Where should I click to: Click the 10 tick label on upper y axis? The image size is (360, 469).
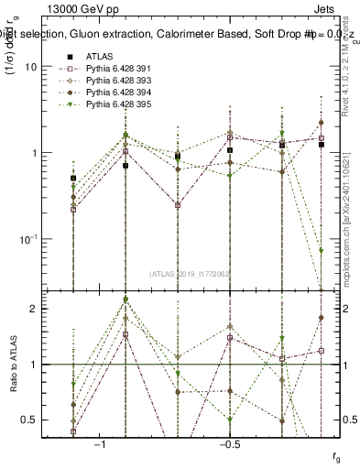coord(30,67)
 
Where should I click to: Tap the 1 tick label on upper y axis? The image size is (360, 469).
coord(33,153)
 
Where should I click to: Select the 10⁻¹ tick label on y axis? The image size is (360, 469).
coord(28,238)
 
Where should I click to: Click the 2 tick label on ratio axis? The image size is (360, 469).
coord(33,309)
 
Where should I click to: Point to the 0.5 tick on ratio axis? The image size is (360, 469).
coord(29,420)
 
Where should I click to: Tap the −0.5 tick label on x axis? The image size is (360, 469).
coord(229,443)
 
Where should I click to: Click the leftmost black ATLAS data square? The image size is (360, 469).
coord(73,178)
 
